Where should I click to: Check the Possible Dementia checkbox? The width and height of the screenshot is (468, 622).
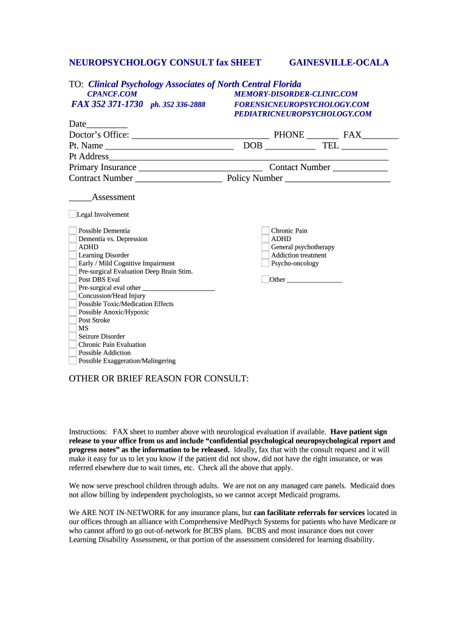tap(73, 231)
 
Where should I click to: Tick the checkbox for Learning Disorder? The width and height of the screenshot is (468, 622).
tap(73, 255)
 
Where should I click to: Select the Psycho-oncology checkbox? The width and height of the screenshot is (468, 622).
tap(265, 263)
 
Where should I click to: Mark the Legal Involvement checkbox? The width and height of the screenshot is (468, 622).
tap(72, 214)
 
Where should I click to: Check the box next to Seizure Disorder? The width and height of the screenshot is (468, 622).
tap(73, 337)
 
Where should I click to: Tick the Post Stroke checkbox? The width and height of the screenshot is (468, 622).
tap(73, 320)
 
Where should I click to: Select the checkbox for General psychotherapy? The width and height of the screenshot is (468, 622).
tap(265, 247)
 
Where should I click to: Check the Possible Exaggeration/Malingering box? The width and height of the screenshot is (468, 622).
tap(73, 361)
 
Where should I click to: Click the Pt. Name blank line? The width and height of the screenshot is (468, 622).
tap(170, 146)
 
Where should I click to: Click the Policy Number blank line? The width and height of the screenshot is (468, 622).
tap(337, 179)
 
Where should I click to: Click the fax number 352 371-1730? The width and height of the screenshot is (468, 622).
tap(108, 104)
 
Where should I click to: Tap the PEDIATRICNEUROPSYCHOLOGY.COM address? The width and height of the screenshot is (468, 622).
tap(303, 114)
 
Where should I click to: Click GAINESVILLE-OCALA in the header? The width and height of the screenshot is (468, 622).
tap(339, 63)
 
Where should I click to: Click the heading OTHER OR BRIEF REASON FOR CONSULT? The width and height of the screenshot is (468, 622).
tap(159, 379)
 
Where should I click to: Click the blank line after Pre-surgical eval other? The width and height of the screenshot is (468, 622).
tap(179, 288)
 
